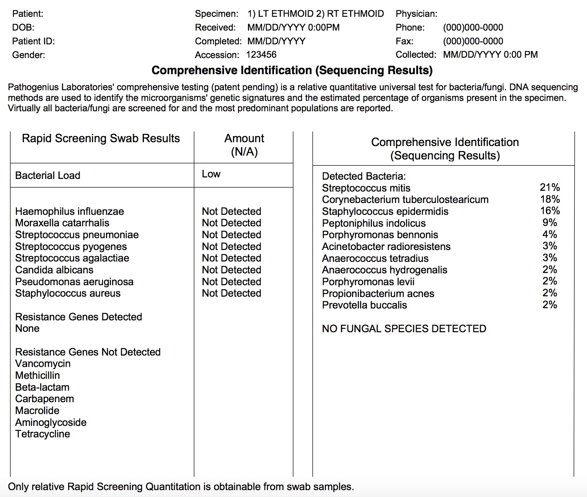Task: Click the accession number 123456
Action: pos(261,55)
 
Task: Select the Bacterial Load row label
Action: pos(48,175)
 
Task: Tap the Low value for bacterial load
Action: pos(211,174)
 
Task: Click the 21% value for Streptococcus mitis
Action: pos(549,187)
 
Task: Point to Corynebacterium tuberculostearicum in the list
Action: pos(405,200)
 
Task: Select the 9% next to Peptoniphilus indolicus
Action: pos(549,223)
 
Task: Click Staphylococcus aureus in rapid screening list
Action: pos(68,293)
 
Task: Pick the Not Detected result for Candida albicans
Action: pos(232,270)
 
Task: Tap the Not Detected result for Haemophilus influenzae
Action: pos(232,211)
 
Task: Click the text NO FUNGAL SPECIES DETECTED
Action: pos(404,329)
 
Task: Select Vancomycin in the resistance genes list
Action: pos(43,364)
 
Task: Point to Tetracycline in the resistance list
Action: pos(42,434)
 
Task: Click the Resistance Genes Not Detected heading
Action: pos(88,352)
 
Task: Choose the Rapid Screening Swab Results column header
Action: pos(101,138)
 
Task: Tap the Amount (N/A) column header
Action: pos(244,145)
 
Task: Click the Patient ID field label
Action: pos(33,41)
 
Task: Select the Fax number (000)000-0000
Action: pos(473,41)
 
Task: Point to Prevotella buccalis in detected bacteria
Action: pos(364,305)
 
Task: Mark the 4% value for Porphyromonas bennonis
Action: pos(549,234)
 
